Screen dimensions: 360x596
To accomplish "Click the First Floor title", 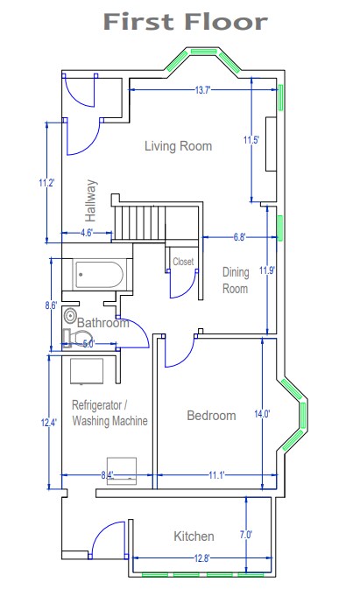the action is [x=186, y=22].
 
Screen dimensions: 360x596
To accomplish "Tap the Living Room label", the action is [x=178, y=146].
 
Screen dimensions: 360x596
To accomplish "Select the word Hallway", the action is [x=90, y=200].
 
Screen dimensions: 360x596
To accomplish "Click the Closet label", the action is [x=183, y=262].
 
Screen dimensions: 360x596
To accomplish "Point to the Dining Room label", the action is [x=235, y=280].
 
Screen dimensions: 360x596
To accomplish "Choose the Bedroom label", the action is [x=211, y=415].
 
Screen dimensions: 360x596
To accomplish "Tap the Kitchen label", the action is [x=194, y=536].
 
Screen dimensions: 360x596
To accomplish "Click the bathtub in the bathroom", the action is [x=99, y=275].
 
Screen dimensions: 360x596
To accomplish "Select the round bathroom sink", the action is [x=70, y=315].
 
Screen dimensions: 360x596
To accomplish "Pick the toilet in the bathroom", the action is [x=75, y=338].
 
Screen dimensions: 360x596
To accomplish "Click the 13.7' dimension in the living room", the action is [x=202, y=90].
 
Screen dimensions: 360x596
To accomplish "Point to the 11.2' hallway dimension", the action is [x=47, y=183].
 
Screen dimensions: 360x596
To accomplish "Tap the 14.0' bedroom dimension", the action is [x=262, y=414].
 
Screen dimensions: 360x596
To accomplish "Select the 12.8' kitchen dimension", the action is [x=201, y=558].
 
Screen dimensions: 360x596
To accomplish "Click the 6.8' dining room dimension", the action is [x=240, y=237].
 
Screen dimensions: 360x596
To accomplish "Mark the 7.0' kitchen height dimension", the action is [x=246, y=535].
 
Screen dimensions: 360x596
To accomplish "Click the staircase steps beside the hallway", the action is [x=139, y=223].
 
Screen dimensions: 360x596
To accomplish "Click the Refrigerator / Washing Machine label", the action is [x=109, y=413].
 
